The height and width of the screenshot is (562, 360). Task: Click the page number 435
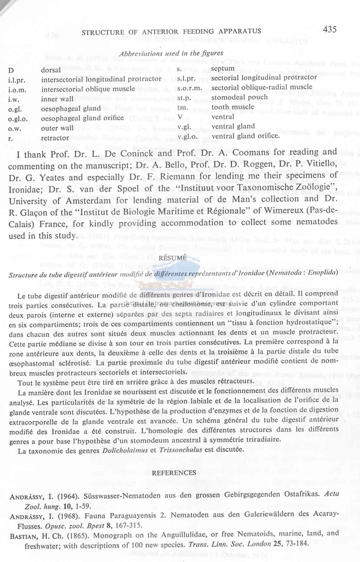click(330, 29)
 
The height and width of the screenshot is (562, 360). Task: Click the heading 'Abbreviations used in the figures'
click(171, 53)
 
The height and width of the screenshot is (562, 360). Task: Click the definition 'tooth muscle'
click(232, 107)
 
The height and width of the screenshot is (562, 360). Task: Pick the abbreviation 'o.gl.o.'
click(18, 119)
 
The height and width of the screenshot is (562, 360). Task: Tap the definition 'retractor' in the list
click(55, 138)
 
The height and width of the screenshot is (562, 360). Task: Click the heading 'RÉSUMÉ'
click(172, 258)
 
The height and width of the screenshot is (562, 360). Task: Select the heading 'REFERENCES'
click(174, 473)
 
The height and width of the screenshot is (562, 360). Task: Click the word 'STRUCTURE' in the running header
click(103, 32)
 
